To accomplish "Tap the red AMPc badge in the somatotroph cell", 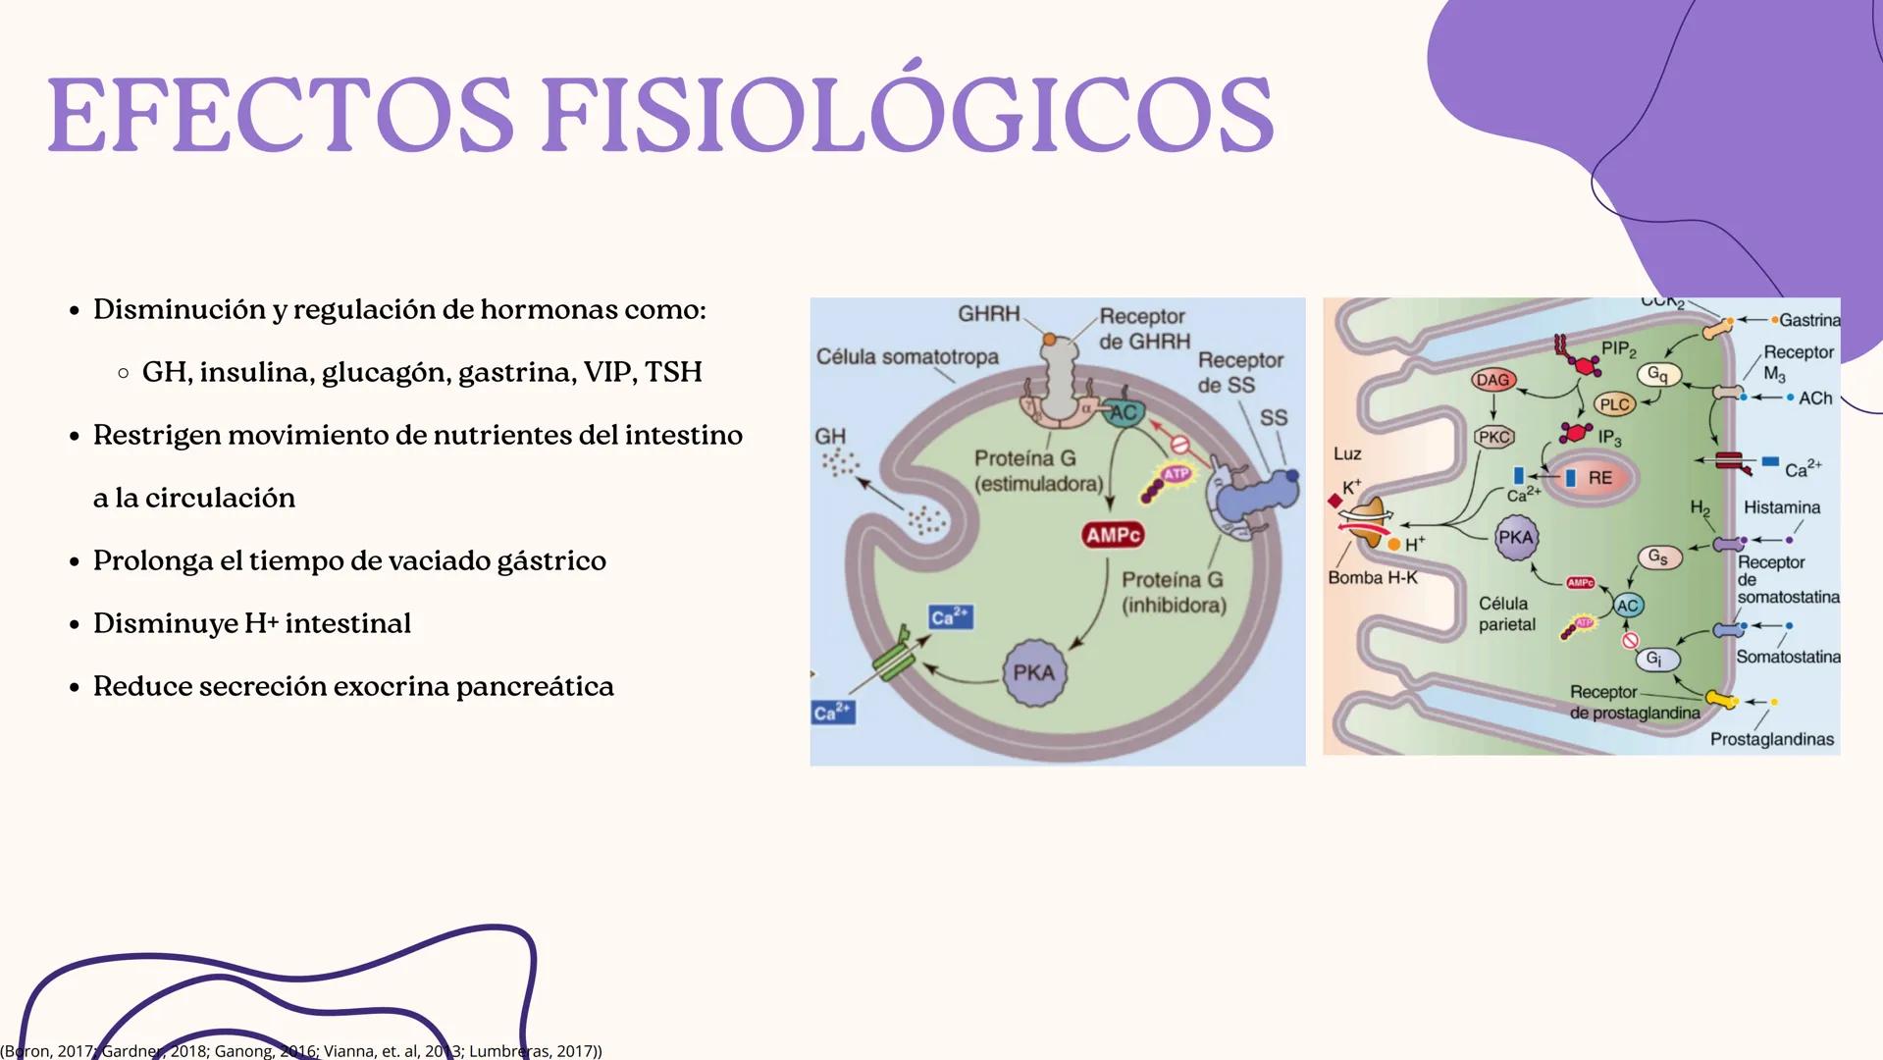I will tap(1114, 535).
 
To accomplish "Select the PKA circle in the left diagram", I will tap(1033, 673).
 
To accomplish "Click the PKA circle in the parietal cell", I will tap(1516, 538).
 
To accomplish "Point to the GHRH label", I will tap(988, 313).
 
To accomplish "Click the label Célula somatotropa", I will tap(907, 357).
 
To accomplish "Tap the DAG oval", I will tap(1492, 380).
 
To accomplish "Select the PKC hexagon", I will tap(1493, 437).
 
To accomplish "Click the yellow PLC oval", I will tap(1614, 404).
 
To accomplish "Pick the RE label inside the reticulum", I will tap(1599, 478).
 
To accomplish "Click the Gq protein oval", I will tap(1657, 374).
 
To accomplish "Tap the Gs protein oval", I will tap(1657, 557).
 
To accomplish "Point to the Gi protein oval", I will tap(1654, 659).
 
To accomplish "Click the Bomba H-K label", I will tap(1372, 578).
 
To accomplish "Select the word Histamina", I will tap(1781, 507).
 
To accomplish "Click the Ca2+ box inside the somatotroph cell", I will tap(950, 616).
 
